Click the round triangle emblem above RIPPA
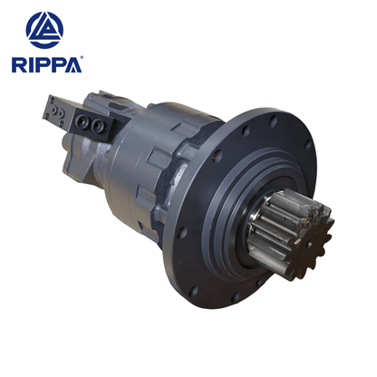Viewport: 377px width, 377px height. [x=44, y=29]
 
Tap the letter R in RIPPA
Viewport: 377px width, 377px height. [x=17, y=64]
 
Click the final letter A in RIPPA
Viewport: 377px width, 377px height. [x=72, y=64]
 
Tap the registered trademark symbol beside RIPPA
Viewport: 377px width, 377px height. [x=82, y=59]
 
